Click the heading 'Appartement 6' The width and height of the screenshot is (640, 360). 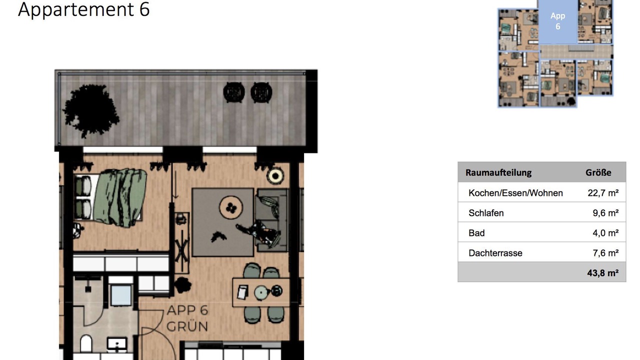click(x=83, y=9)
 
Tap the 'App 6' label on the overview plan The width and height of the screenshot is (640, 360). click(x=557, y=21)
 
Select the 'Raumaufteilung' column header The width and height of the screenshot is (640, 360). click(x=498, y=172)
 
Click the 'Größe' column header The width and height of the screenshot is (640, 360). click(x=598, y=172)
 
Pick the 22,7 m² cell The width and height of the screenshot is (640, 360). click(x=603, y=193)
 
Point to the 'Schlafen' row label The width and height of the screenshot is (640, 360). click(x=486, y=213)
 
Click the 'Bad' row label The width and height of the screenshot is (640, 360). click(x=476, y=233)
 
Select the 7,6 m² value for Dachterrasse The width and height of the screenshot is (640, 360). click(x=605, y=253)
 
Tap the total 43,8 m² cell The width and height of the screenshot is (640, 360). click(x=603, y=273)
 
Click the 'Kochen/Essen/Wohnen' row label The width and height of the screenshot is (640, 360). click(x=515, y=193)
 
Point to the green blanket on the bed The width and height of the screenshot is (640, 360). click(x=120, y=197)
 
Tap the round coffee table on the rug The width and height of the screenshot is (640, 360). click(x=231, y=207)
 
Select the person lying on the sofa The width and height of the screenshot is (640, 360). click(x=258, y=232)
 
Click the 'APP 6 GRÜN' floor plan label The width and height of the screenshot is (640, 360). click(x=187, y=318)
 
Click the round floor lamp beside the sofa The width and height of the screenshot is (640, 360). click(x=275, y=176)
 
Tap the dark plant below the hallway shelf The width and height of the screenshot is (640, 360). click(x=182, y=285)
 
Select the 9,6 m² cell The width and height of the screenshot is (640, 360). click(x=605, y=213)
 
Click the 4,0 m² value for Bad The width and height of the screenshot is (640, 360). click(x=605, y=233)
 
